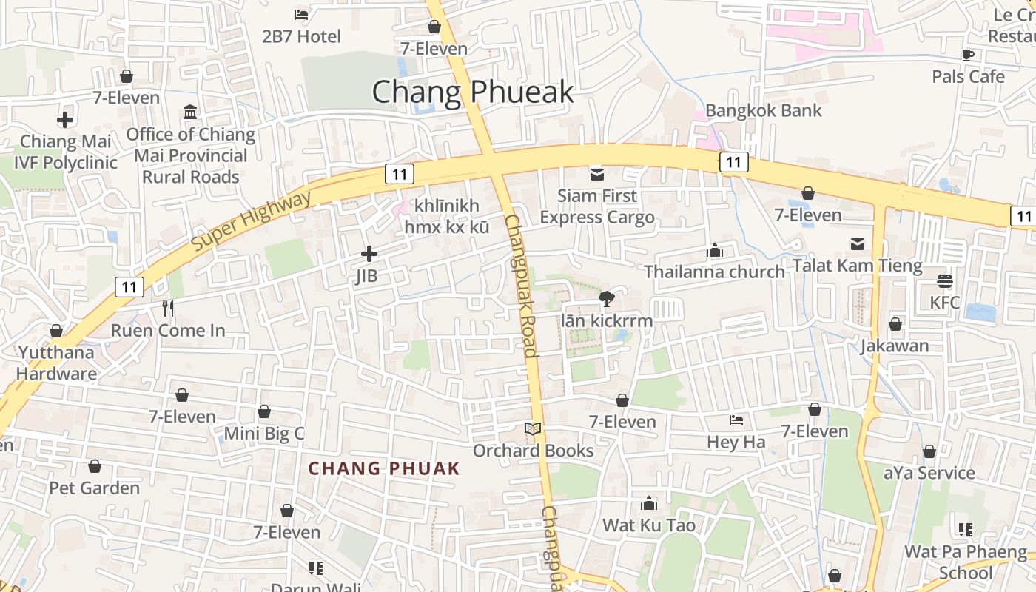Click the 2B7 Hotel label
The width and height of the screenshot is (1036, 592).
[302, 36]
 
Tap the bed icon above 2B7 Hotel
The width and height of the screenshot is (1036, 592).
[301, 14]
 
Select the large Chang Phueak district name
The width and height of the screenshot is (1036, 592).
[472, 92]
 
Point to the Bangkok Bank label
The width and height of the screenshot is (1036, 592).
[764, 111]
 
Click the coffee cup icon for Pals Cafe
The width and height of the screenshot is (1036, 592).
[968, 54]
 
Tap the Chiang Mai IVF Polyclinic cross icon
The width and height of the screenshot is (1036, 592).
[65, 119]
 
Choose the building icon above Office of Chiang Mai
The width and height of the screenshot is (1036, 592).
[190, 112]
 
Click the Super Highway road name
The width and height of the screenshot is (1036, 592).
[252, 220]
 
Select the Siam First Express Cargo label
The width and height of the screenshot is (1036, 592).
[596, 206]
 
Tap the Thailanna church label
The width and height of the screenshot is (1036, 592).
[714, 272]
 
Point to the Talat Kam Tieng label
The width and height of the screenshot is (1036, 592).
[858, 266]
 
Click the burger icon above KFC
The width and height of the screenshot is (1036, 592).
[945, 281]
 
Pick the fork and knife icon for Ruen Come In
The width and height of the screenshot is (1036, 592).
[168, 308]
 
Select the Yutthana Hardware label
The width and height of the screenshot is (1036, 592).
[56, 363]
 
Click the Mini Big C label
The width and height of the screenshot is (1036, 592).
[264, 434]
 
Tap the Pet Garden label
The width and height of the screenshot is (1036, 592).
[94, 488]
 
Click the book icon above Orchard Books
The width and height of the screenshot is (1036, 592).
[533, 428]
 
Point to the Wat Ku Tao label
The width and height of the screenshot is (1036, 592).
[649, 525]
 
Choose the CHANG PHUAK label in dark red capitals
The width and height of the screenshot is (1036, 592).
[384, 468]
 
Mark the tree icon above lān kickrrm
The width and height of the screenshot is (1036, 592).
[607, 299]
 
